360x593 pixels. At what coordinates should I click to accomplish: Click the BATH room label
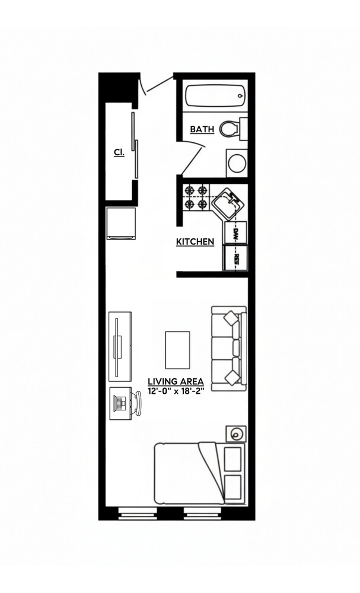point(202,129)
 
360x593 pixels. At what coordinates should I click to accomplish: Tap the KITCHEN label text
point(195,242)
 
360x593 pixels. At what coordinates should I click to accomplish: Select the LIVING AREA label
point(176,381)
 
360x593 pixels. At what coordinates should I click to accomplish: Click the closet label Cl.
point(119,152)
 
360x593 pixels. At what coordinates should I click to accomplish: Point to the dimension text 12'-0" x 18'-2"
point(176,391)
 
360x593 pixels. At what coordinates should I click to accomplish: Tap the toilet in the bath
point(231,127)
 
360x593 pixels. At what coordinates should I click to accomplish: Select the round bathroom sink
point(236,162)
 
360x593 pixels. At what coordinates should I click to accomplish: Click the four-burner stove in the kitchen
point(196,198)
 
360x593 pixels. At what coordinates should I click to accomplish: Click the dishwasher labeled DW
point(234,233)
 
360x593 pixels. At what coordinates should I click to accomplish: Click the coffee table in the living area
point(177,349)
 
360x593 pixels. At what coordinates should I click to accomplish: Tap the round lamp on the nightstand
point(236,434)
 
